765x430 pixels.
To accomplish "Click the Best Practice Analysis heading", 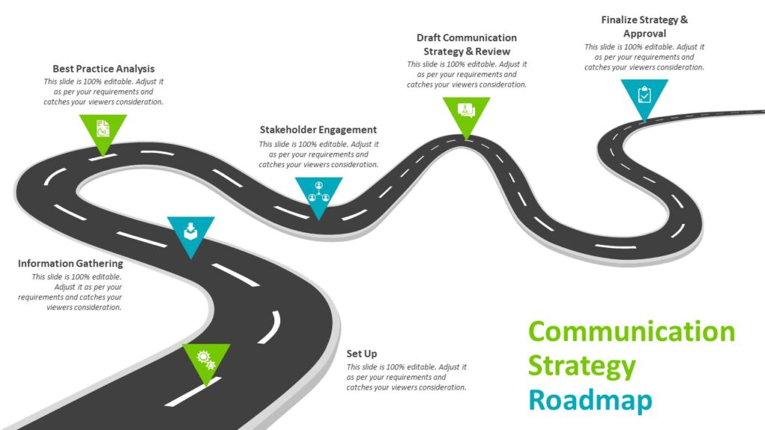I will coord(103,69).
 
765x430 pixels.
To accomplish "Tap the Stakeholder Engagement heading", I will coord(318,130).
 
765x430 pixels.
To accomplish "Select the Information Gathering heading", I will coord(70,264).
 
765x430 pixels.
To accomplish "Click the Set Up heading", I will coord(362,353).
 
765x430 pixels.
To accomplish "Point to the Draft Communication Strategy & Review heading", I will coord(466,45).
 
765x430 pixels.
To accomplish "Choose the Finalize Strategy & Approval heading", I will coord(644,27).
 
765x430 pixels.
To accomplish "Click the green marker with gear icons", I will coord(206,360).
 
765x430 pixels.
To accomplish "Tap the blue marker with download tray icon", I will coord(191,231).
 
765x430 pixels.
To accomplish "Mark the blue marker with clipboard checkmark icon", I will coord(644,96).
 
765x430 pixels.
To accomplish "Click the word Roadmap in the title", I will coord(590,400).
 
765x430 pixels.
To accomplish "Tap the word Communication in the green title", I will coord(631,331).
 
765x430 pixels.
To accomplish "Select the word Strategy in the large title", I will coord(582,366).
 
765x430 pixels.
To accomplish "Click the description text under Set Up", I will coord(406,377).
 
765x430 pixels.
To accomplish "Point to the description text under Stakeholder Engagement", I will coord(318,154).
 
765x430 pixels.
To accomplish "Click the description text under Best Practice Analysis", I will coord(103,91).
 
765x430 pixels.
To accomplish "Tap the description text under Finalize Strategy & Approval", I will coord(644,57).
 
